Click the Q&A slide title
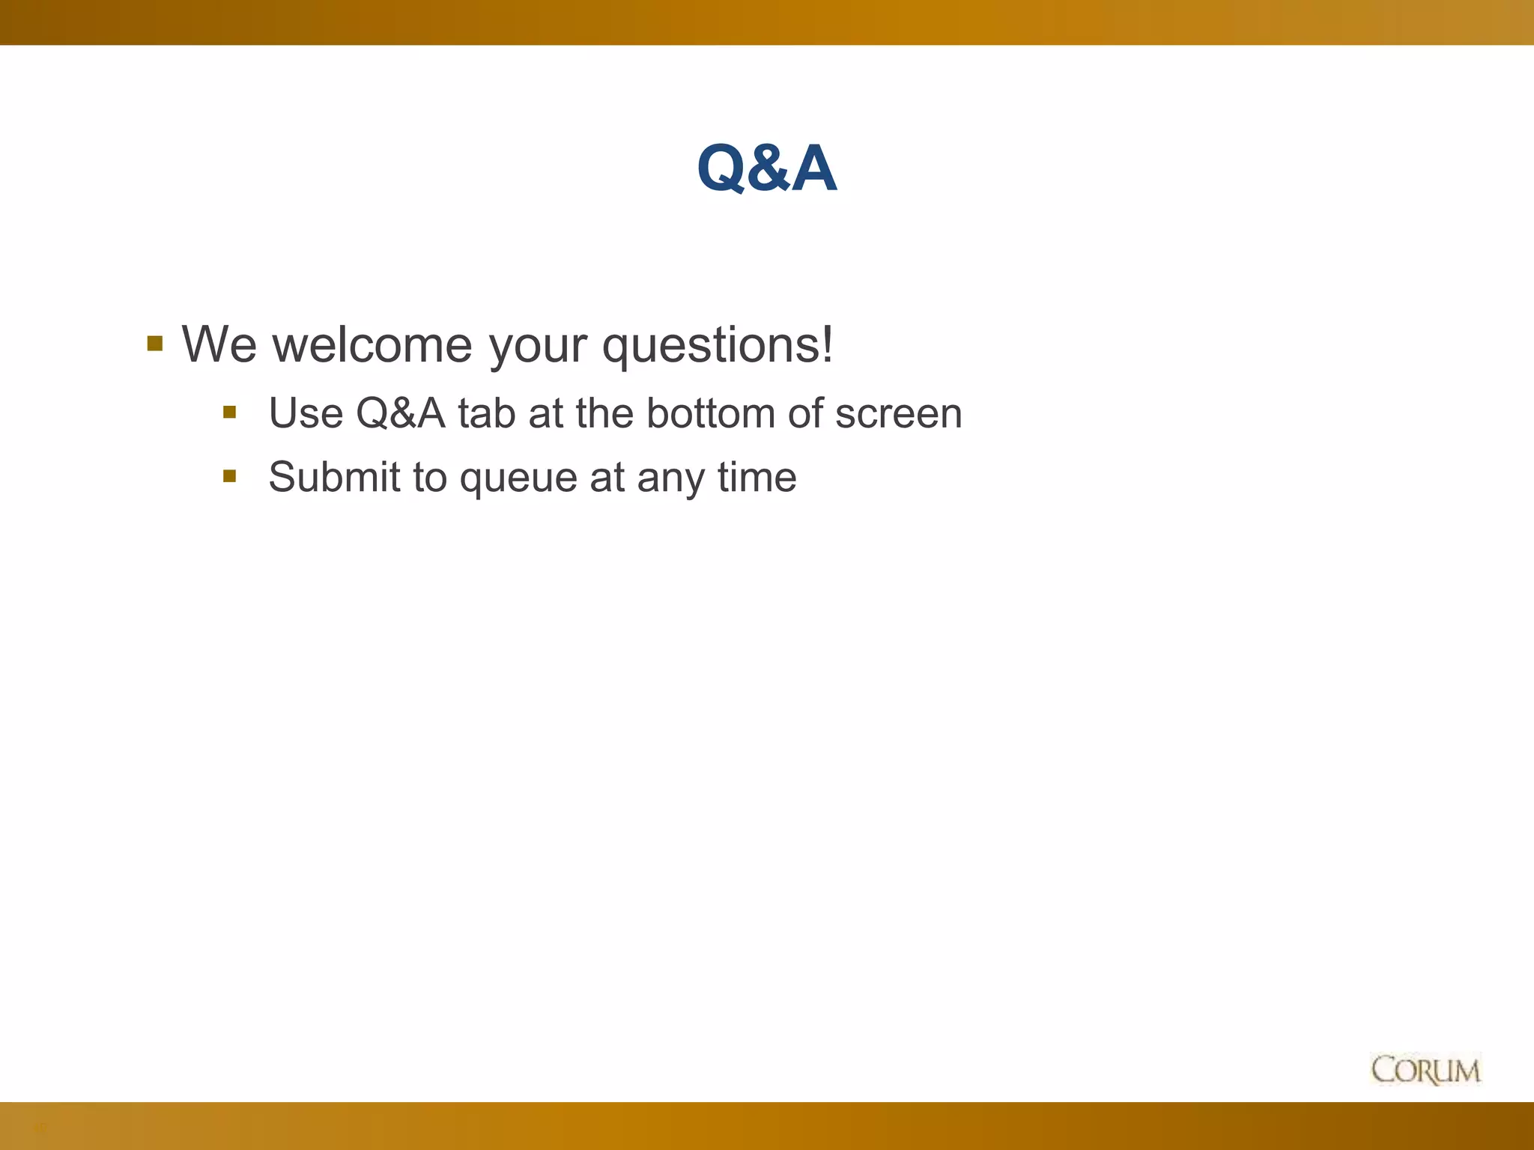click(x=766, y=168)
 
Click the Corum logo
click(x=1425, y=1070)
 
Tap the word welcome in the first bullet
click(x=372, y=345)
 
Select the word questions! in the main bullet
click(x=718, y=345)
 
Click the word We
click(x=219, y=345)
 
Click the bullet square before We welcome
click(x=155, y=344)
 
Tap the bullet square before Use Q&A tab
click(x=230, y=412)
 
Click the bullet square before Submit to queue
click(x=230, y=475)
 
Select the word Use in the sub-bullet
click(x=305, y=413)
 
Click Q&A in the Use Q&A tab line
click(x=400, y=413)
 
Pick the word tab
click(x=487, y=413)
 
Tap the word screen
click(x=898, y=413)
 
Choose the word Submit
click(x=334, y=477)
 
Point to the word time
click(x=757, y=477)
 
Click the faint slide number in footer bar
click(x=41, y=1128)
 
